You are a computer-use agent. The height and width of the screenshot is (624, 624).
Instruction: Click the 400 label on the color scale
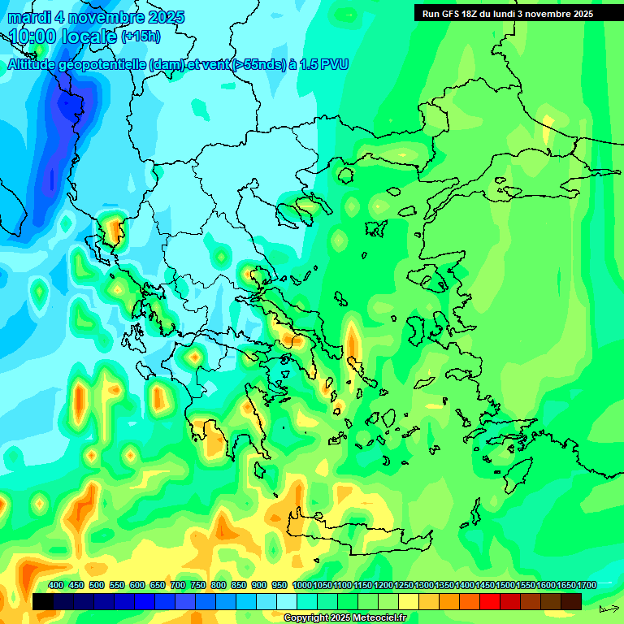pyautogui.click(x=56, y=585)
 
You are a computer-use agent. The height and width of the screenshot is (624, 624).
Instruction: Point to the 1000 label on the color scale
pyautogui.click(x=301, y=585)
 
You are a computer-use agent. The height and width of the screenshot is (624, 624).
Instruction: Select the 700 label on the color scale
pyautogui.click(x=178, y=585)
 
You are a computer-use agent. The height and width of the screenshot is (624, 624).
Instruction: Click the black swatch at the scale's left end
pyautogui.click(x=43, y=601)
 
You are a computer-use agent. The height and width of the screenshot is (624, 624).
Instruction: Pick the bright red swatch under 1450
pyautogui.click(x=490, y=601)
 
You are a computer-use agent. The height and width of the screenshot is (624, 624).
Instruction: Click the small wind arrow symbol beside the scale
pyautogui.click(x=609, y=609)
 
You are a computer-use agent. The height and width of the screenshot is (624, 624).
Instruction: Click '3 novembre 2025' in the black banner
pyautogui.click(x=554, y=14)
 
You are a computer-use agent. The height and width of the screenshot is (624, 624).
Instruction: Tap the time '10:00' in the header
pyautogui.click(x=34, y=36)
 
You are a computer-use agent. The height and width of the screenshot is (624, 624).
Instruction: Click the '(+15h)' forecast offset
pyautogui.click(x=141, y=37)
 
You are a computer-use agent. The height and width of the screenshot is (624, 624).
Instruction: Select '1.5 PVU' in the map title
pyautogui.click(x=324, y=64)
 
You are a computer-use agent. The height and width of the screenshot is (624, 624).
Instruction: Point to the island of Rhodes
pyautogui.click(x=519, y=471)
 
